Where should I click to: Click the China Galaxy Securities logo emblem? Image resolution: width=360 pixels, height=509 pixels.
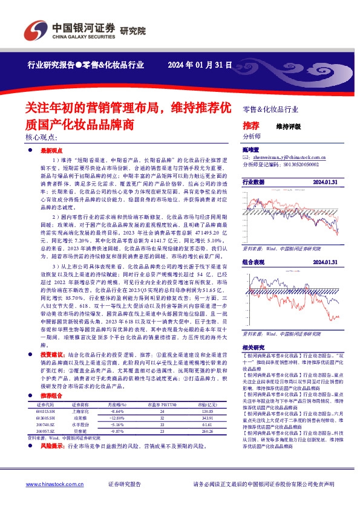(x=33, y=29)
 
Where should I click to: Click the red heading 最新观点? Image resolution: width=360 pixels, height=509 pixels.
(x=52, y=149)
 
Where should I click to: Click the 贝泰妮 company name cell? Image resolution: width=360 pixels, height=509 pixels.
(x=80, y=449)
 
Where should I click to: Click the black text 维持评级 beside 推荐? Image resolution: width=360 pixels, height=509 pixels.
(x=288, y=126)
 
